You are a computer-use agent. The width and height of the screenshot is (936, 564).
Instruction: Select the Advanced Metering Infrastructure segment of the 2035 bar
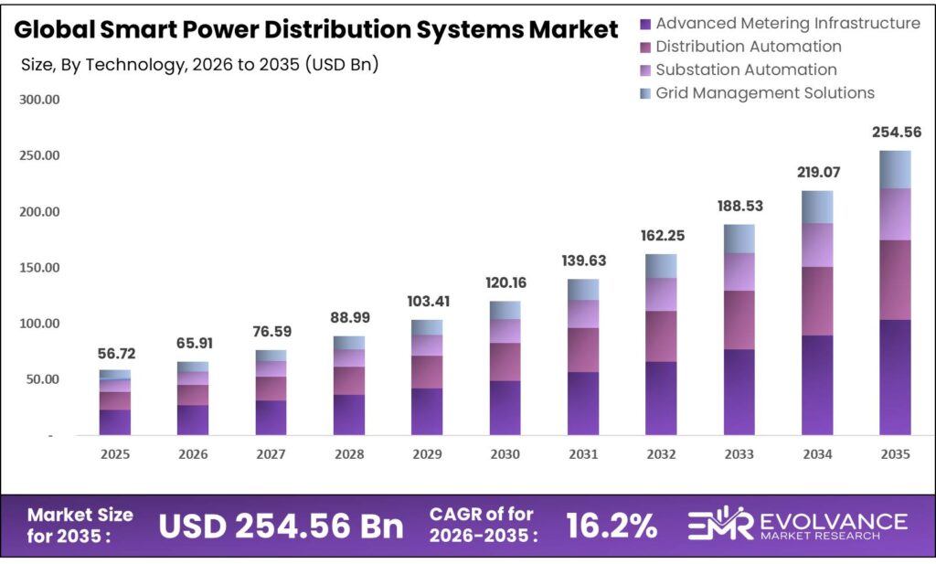coord(895,377)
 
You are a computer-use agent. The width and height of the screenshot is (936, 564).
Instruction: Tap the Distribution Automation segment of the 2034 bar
coord(817,301)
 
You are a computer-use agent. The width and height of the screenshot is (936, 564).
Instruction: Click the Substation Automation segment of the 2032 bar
coord(661,294)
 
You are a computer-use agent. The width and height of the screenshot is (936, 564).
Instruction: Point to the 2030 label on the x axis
coord(505,454)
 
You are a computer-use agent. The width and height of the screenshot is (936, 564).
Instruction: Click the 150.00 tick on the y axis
coord(39,268)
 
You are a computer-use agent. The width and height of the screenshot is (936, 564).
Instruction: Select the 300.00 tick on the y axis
coord(39,100)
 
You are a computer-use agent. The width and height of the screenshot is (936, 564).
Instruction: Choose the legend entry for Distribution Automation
coord(749,46)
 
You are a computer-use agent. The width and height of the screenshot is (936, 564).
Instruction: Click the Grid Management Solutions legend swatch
coord(646,93)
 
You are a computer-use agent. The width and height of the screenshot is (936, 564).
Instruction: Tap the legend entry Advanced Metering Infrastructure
coord(787,23)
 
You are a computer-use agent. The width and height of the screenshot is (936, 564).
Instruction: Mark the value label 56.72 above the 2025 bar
coord(115,354)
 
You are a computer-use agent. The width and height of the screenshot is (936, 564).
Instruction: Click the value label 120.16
coord(505,282)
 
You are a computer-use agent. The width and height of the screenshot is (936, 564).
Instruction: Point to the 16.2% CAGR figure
coord(611,526)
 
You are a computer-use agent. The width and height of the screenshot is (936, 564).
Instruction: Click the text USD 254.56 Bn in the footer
coord(281,526)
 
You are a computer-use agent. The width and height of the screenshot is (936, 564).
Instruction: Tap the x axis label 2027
coord(271,454)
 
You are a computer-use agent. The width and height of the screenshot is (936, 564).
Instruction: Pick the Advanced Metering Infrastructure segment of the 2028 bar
coord(349,414)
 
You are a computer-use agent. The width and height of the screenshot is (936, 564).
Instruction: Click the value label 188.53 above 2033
coord(739,206)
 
